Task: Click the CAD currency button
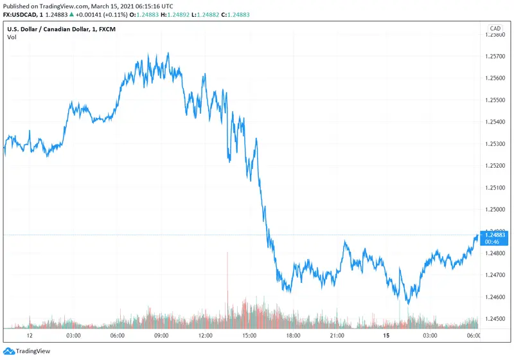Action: (x=495, y=28)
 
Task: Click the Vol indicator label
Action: (x=12, y=37)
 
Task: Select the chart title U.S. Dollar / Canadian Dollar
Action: (x=51, y=28)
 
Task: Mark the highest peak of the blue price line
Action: (x=168, y=53)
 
